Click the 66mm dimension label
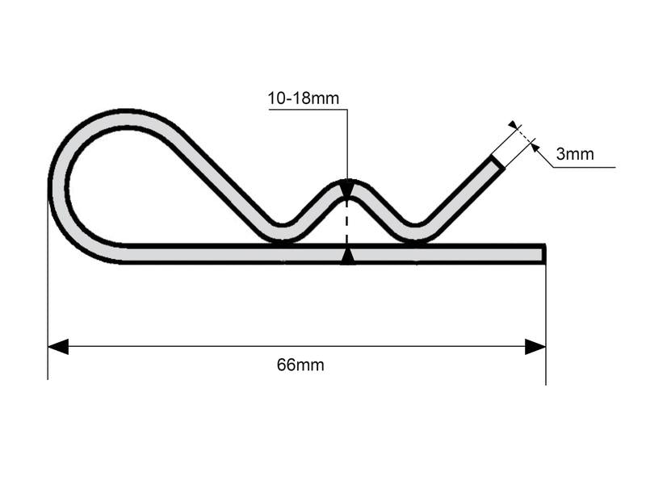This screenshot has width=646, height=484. pyautogui.click(x=300, y=365)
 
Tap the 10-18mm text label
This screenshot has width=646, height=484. pyautogui.click(x=304, y=99)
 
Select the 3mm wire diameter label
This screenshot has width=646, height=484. pyautogui.click(x=575, y=154)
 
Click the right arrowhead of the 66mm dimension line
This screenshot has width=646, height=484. pyautogui.click(x=535, y=347)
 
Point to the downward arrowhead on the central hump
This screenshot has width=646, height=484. pyautogui.click(x=347, y=190)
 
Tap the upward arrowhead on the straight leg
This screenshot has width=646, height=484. pyautogui.click(x=347, y=256)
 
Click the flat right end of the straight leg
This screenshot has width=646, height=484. pyautogui.click(x=543, y=254)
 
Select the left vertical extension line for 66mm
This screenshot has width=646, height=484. pyautogui.click(x=48, y=323)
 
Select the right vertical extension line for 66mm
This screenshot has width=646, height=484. pyautogui.click(x=546, y=323)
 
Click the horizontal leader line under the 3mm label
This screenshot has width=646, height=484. pyautogui.click(x=585, y=167)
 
